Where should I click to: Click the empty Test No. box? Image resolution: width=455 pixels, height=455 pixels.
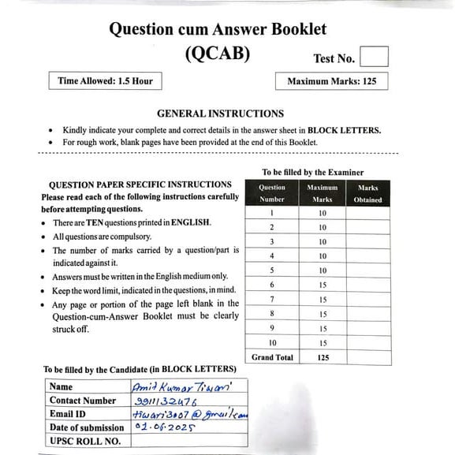pyautogui.click(x=374, y=57)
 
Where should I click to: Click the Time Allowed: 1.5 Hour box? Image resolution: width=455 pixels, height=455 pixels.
pyautogui.click(x=105, y=80)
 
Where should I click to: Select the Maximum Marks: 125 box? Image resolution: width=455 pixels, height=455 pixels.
pyautogui.click(x=331, y=81)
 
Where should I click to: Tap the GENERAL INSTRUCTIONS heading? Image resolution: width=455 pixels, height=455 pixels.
pyautogui.click(x=220, y=114)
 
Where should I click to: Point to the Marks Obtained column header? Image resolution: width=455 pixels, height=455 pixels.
pyautogui.click(x=367, y=194)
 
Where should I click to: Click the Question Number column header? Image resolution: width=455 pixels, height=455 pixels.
pyautogui.click(x=272, y=194)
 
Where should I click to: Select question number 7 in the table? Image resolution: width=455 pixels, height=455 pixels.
pyautogui.click(x=272, y=300)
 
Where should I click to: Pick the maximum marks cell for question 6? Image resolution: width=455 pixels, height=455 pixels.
pyautogui.click(x=323, y=285)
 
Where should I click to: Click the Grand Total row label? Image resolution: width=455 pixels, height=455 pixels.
pyautogui.click(x=272, y=357)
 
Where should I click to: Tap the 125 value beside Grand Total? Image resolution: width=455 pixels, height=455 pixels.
pyautogui.click(x=323, y=357)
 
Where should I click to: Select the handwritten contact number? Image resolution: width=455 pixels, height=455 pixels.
pyautogui.click(x=165, y=400)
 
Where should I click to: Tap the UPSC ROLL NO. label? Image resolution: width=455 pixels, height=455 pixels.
pyautogui.click(x=84, y=441)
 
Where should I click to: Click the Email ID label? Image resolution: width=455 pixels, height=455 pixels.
pyautogui.click(x=69, y=414)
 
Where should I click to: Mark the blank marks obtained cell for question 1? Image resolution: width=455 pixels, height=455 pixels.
pyautogui.click(x=367, y=213)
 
